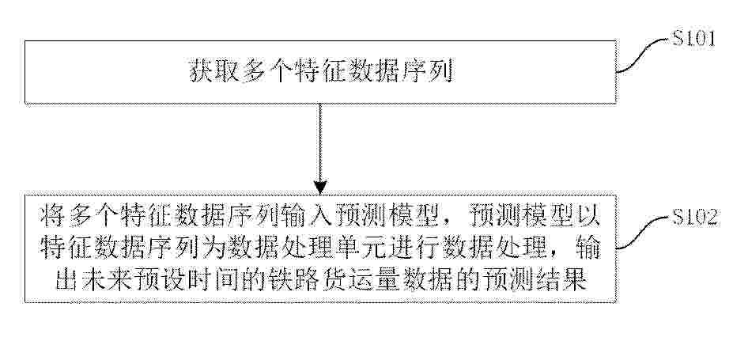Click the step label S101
[693, 39]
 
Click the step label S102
[695, 218]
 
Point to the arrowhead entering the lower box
[320, 187]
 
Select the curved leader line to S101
[642, 55]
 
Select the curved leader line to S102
[642, 233]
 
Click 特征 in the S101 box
[321, 72]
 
